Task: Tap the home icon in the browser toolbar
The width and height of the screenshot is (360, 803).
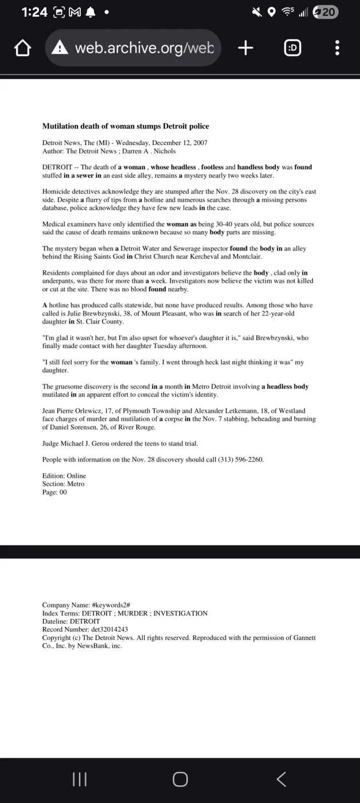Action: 22,48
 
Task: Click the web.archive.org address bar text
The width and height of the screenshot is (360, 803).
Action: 144,48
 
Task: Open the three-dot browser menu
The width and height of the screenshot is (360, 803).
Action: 337,48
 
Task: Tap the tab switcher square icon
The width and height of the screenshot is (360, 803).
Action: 292,48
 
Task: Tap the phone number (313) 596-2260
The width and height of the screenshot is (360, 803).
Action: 240,459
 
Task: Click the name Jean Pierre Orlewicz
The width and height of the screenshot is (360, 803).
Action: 75,411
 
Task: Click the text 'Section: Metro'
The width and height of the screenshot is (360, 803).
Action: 63,484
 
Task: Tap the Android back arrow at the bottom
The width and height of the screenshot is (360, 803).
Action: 281,779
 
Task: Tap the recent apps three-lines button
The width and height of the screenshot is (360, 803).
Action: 80,779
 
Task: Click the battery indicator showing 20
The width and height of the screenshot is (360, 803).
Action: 325,12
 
